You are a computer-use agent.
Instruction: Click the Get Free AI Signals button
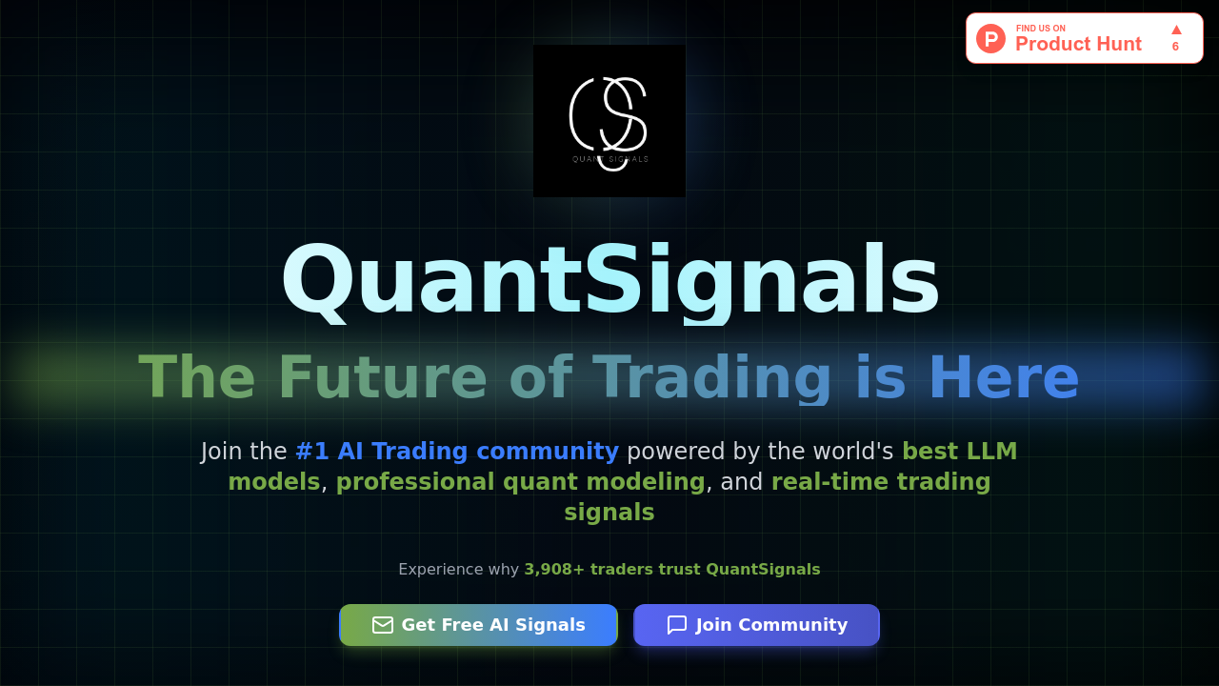point(478,625)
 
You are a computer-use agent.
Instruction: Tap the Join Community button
point(756,625)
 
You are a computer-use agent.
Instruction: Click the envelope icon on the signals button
point(383,625)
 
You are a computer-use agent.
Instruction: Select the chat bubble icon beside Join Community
point(677,625)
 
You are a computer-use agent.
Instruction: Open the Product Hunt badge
point(1084,38)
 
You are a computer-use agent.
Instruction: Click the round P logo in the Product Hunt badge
point(990,38)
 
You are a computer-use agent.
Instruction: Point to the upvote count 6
point(1175,47)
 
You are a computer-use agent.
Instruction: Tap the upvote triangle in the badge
point(1176,30)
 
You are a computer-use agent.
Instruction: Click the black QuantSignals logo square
point(609,121)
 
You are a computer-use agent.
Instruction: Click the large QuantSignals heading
point(609,280)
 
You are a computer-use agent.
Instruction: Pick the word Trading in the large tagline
point(712,378)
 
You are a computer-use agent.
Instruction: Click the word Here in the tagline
point(1003,378)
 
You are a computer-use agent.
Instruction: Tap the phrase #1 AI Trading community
point(457,452)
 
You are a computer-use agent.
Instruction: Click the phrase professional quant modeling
point(520,482)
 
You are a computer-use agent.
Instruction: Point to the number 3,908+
point(554,570)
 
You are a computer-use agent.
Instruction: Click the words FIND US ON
point(1040,29)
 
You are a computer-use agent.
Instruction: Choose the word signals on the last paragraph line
point(609,513)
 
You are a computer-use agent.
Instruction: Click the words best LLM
point(959,452)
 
